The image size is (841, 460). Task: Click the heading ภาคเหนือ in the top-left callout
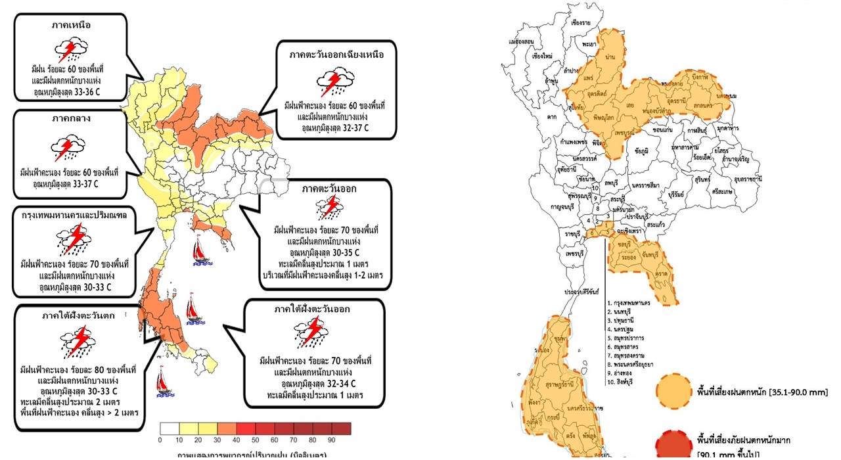[70, 26]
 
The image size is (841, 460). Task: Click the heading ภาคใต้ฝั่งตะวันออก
[313, 308]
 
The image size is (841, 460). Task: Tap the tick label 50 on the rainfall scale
[255, 440]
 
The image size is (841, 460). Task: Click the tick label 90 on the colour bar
[331, 440]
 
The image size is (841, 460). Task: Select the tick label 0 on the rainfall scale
[160, 440]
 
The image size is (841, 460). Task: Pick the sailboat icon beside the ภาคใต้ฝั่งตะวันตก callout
[163, 382]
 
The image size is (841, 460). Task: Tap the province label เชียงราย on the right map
[581, 24]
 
